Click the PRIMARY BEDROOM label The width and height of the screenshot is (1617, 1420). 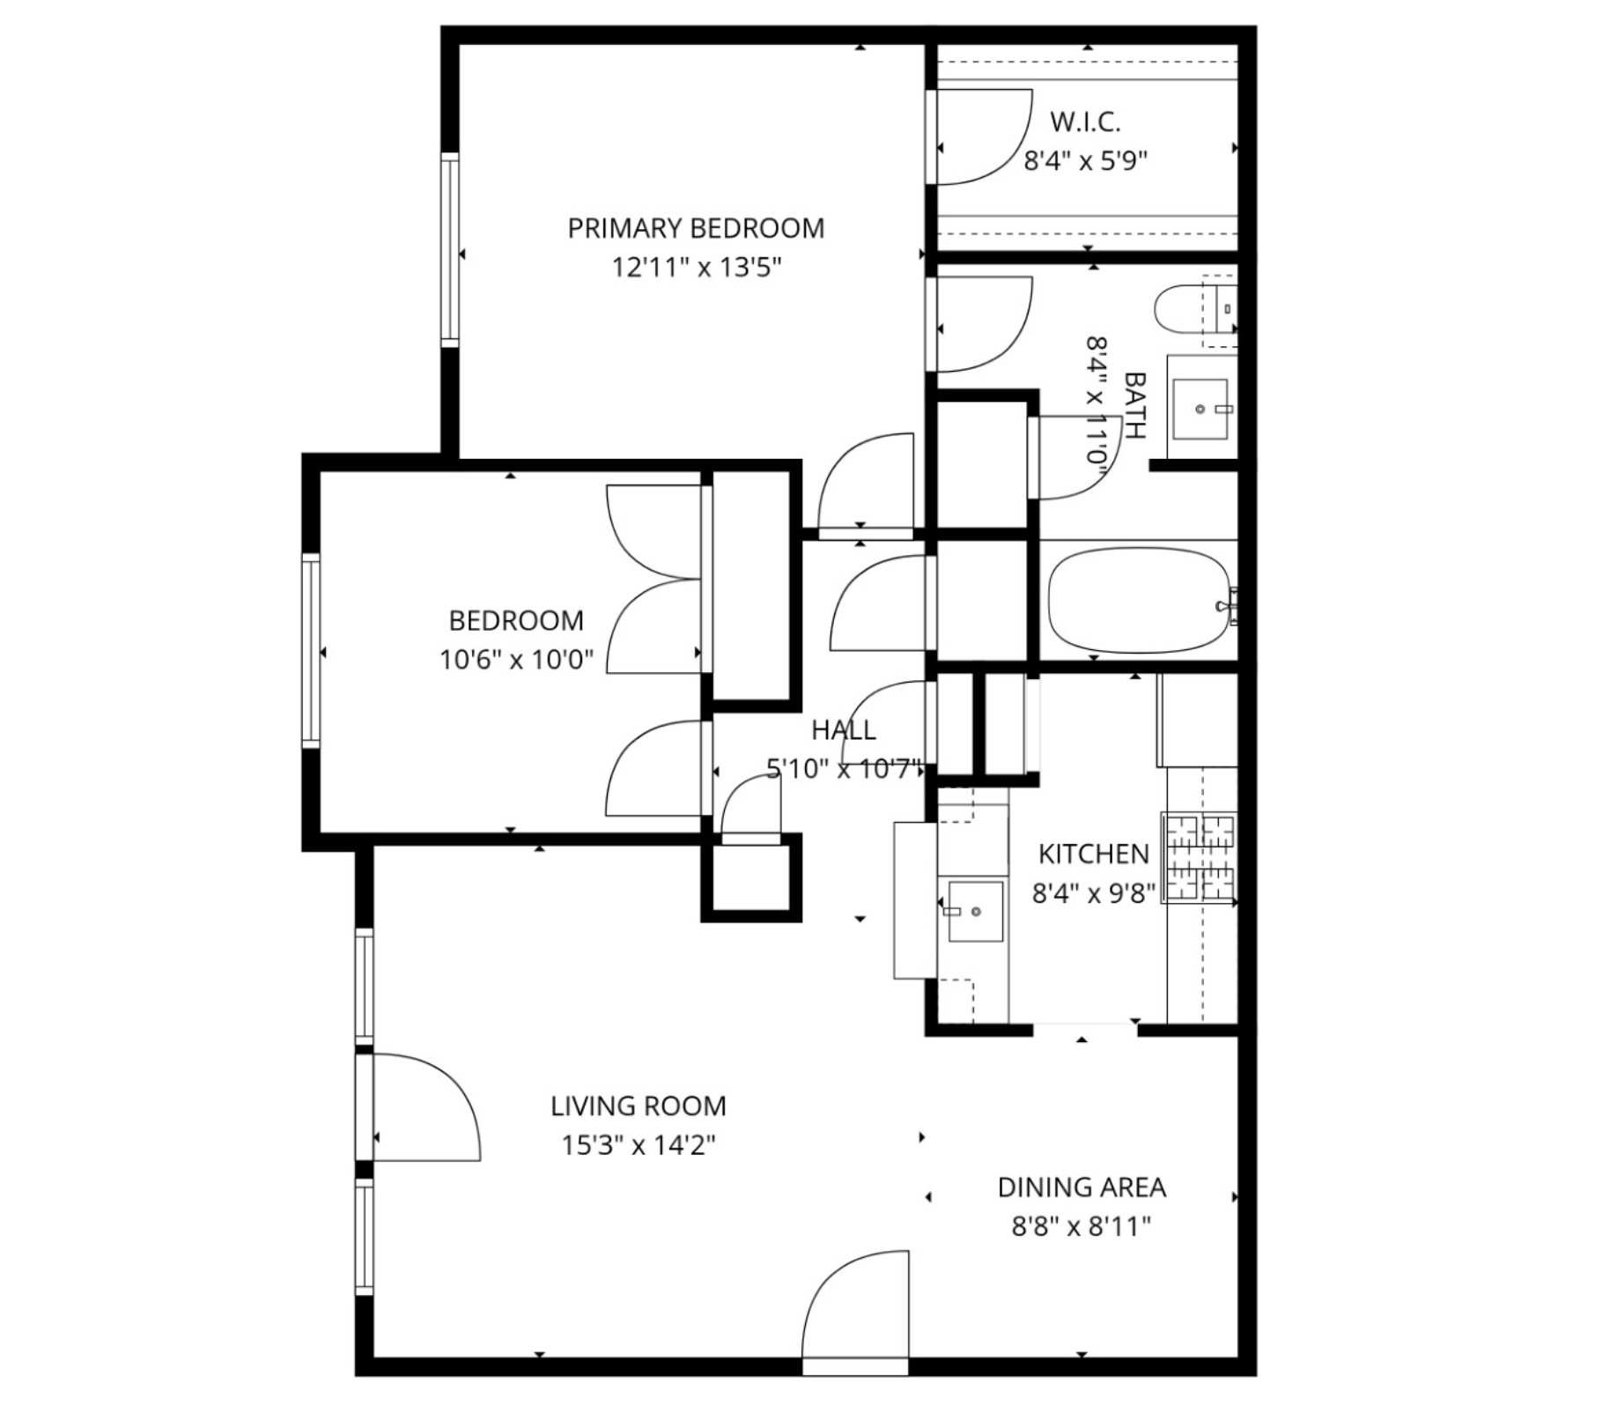(696, 228)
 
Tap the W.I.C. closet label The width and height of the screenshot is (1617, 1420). (1085, 122)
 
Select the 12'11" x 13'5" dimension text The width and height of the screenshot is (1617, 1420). (697, 267)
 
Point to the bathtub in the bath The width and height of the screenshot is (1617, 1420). (1140, 601)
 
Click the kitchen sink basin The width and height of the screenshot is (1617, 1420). (975, 911)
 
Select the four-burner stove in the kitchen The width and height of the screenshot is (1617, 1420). (1200, 857)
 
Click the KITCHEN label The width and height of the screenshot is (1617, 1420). (1093, 854)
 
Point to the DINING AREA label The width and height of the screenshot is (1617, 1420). (1082, 1187)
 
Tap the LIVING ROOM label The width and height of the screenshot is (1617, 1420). (639, 1106)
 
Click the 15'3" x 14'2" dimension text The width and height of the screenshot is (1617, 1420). (639, 1145)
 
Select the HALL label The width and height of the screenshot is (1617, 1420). (844, 729)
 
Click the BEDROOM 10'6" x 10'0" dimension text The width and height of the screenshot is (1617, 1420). (517, 659)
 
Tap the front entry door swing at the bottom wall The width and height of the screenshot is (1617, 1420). (855, 1304)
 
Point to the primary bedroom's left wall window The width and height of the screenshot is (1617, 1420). (449, 249)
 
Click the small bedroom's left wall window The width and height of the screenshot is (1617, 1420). (311, 651)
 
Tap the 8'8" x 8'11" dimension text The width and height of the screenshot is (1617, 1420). (1082, 1226)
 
